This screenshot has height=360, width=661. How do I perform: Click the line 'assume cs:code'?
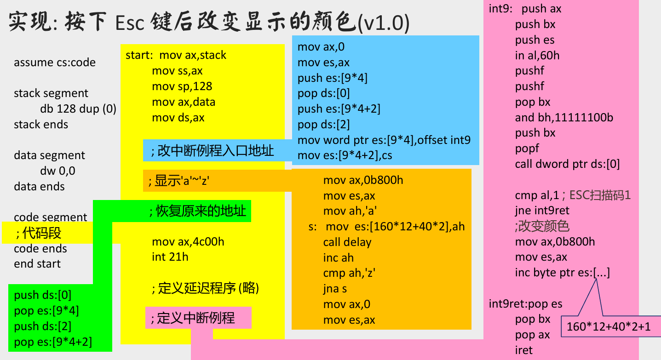55,63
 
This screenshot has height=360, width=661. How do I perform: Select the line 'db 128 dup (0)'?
78,109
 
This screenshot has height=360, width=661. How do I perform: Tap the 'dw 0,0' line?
57,171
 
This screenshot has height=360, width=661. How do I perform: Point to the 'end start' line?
37,264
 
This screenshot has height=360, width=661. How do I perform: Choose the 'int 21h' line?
170,257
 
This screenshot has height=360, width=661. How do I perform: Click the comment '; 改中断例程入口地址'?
212,150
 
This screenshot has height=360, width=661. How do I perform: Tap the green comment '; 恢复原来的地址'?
197,211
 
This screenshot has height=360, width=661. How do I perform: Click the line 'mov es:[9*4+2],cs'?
345,155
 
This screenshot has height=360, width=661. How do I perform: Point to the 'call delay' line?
347,242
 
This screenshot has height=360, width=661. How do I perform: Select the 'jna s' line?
335,289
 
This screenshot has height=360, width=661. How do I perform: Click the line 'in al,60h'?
537,56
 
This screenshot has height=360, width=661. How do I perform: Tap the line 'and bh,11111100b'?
564,117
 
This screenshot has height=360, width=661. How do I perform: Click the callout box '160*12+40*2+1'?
609,327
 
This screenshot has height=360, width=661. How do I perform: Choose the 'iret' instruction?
523,350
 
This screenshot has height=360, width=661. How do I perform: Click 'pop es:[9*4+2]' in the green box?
53,342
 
